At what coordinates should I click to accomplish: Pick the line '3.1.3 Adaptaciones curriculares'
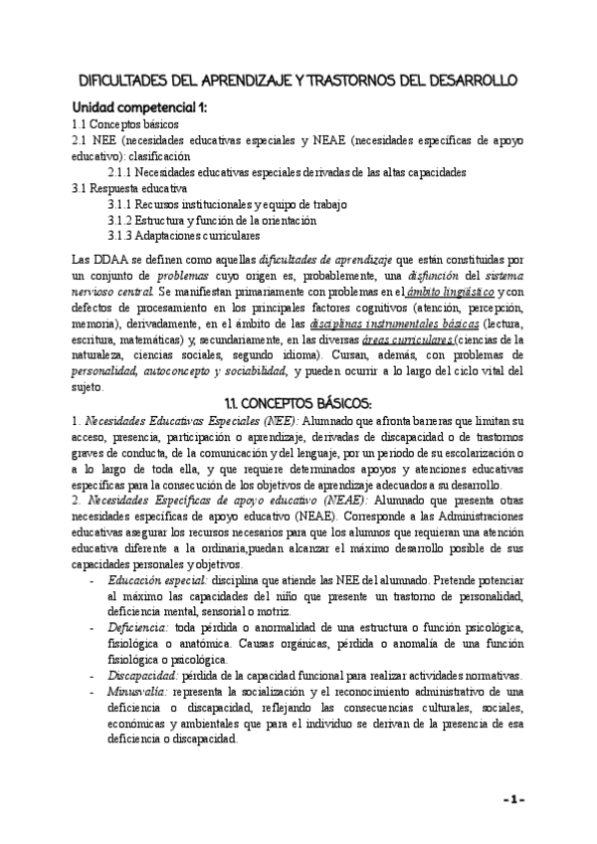(x=183, y=236)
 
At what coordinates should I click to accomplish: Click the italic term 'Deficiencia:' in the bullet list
(x=138, y=628)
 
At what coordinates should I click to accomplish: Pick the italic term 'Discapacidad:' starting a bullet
(x=144, y=676)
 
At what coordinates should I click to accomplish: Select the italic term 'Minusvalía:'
(x=140, y=692)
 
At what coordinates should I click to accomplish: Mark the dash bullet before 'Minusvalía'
(x=93, y=692)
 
